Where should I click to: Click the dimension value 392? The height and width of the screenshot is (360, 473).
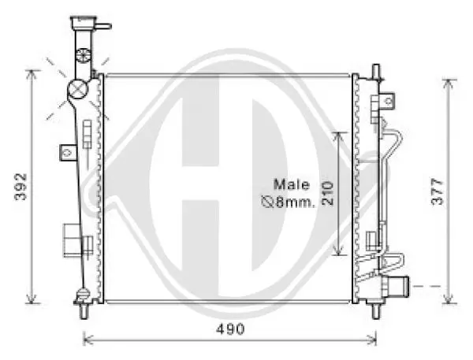tap(20, 187)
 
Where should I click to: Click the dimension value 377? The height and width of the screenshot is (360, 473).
tap(438, 191)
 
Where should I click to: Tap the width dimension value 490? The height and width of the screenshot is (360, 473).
tap(230, 329)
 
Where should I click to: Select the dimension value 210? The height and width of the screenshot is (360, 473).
tap(327, 193)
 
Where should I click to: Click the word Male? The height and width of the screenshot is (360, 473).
tap(292, 184)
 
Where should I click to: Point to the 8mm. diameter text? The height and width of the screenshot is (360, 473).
tap(295, 202)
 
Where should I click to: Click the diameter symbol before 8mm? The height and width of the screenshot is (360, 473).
tap(267, 202)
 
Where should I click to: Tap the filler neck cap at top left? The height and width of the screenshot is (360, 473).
tap(84, 22)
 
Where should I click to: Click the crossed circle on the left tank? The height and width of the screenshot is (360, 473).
tap(77, 89)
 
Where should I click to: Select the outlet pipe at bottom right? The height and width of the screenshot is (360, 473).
tap(396, 287)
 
